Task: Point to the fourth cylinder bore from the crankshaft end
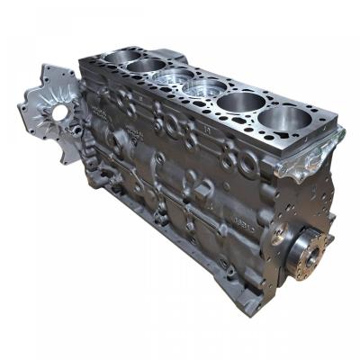173,78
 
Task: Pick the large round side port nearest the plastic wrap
244,161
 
